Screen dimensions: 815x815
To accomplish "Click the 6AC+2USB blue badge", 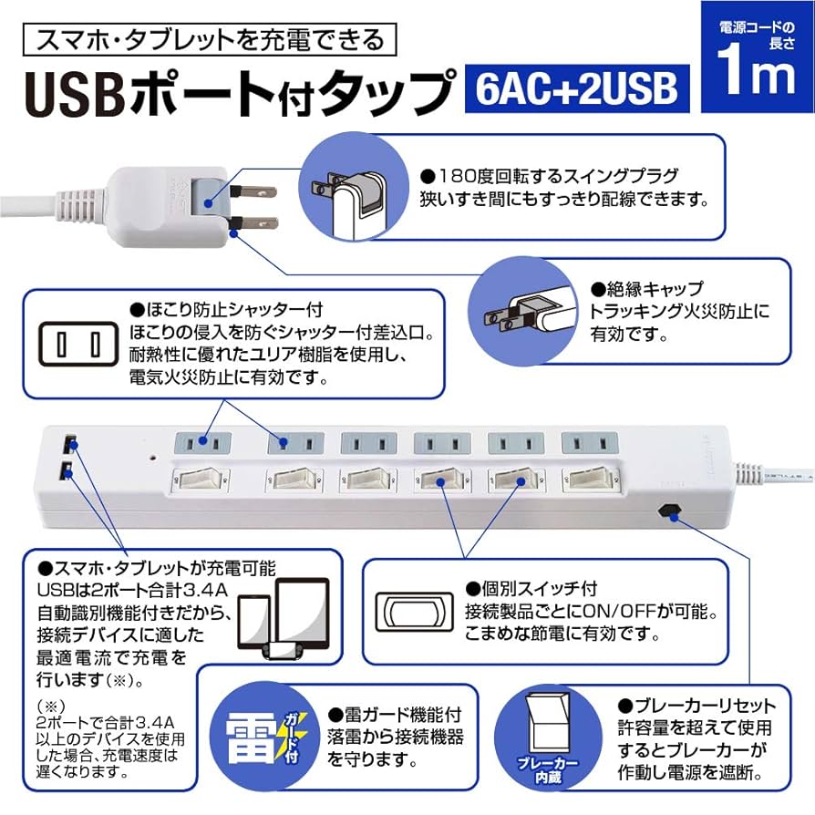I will click(576, 90).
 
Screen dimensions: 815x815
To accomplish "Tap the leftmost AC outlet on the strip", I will click(203, 444).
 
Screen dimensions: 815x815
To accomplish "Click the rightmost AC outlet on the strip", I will click(585, 444).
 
